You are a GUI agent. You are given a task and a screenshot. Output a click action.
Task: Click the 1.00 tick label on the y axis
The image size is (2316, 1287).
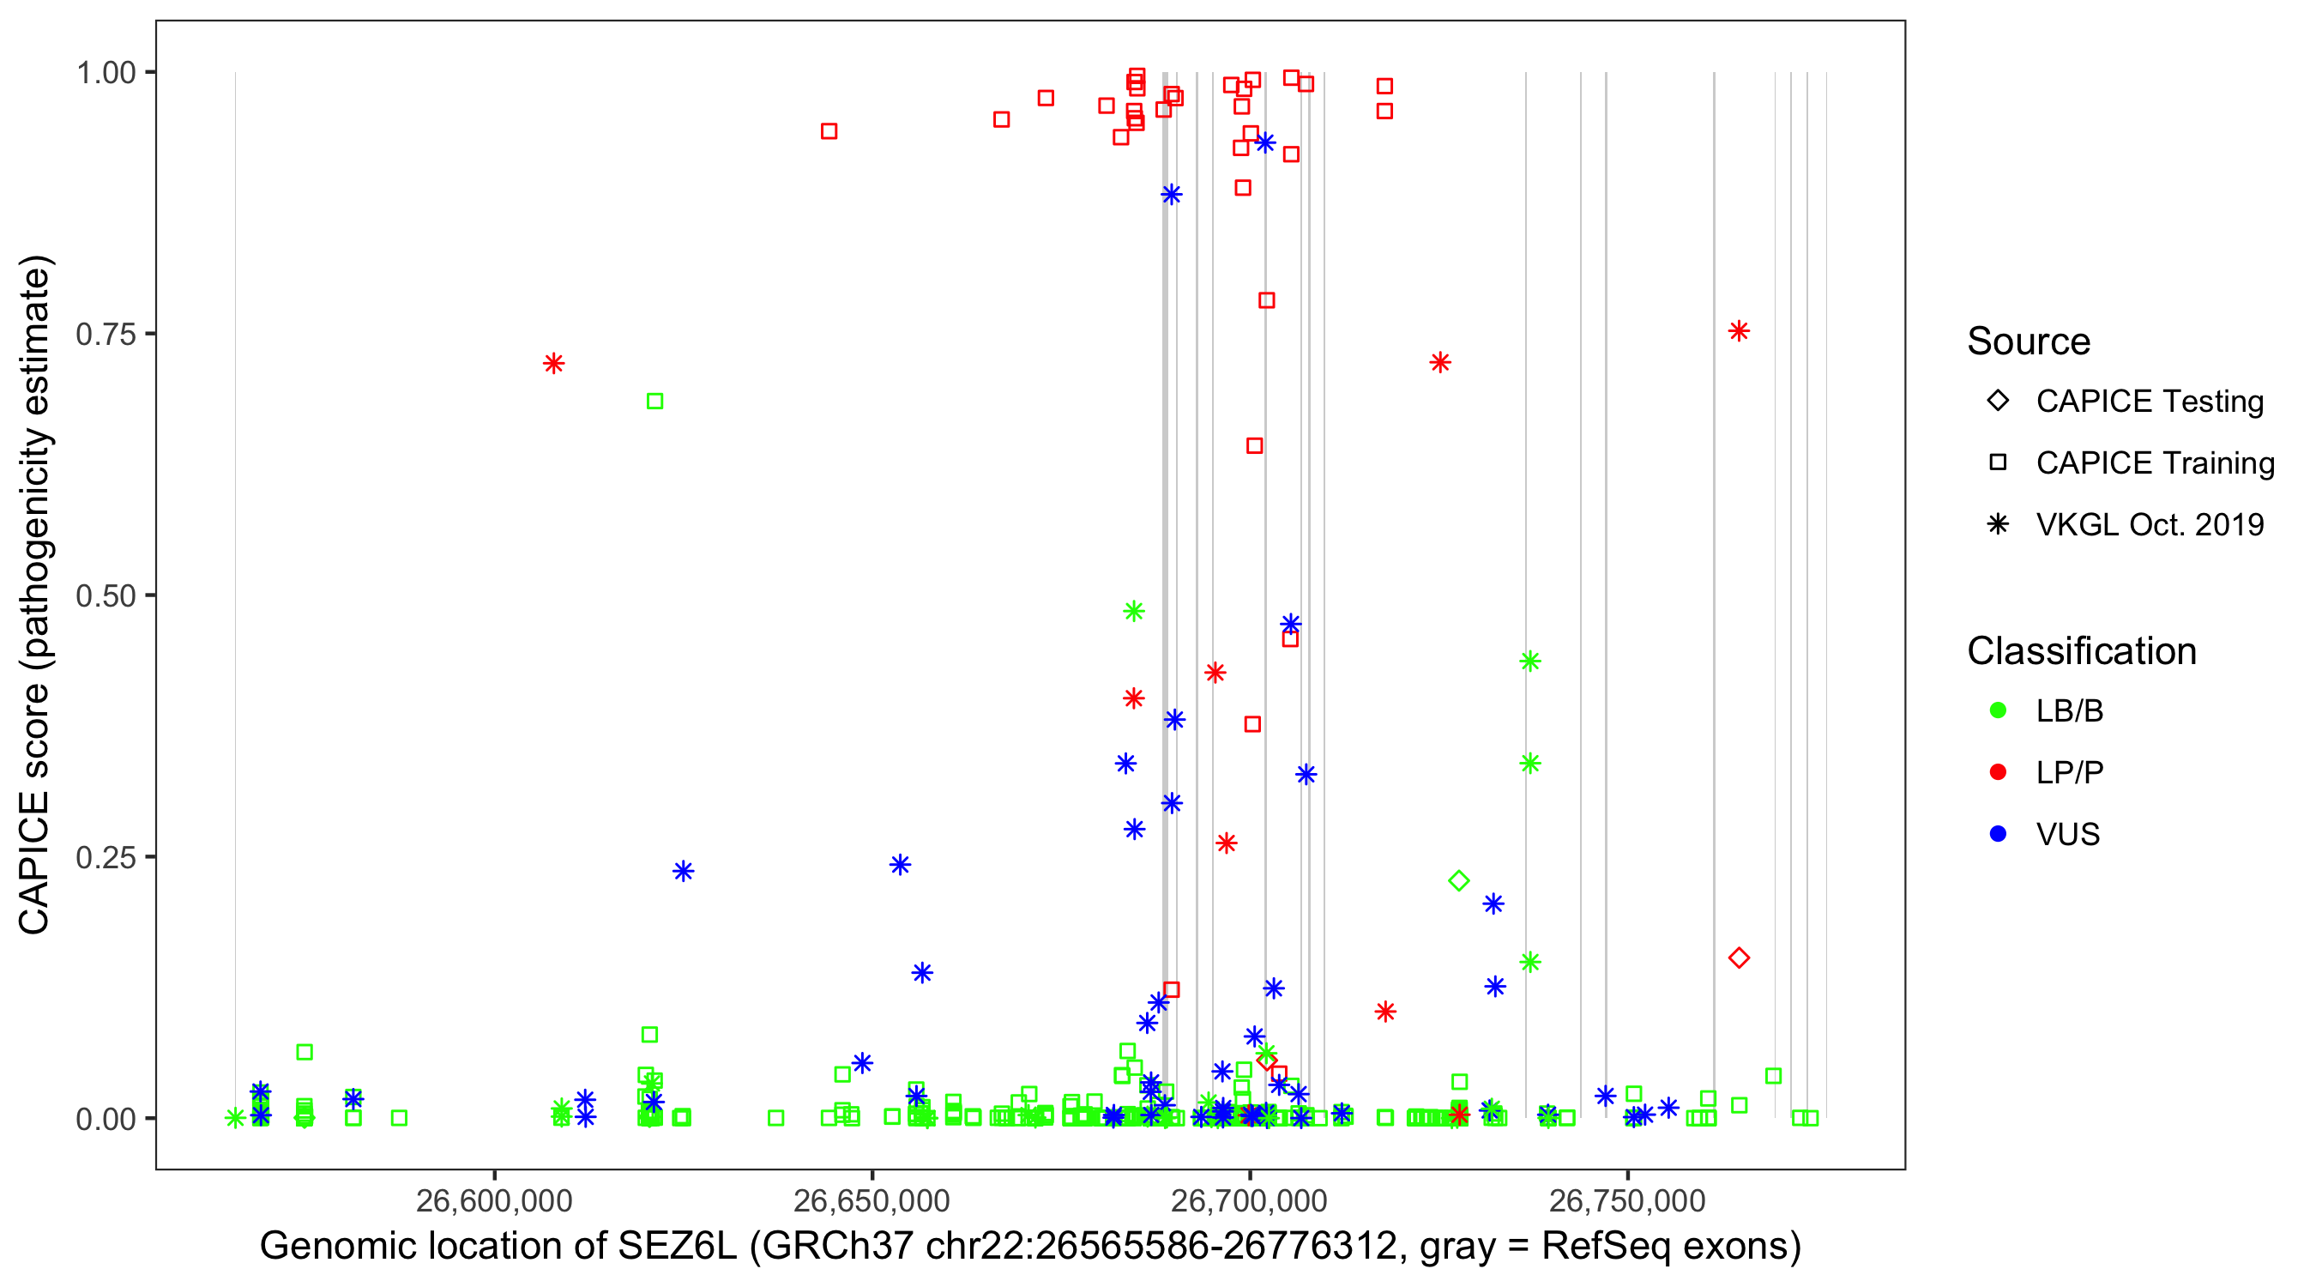(x=105, y=73)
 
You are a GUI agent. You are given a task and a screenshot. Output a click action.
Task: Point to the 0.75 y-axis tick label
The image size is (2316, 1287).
(x=105, y=335)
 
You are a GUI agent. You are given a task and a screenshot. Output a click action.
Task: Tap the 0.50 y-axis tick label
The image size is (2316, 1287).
(x=105, y=595)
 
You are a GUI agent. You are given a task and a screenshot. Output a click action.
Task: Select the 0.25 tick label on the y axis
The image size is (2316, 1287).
(x=105, y=857)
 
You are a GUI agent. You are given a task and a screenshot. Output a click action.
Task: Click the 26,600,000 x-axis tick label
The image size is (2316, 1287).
(x=493, y=1200)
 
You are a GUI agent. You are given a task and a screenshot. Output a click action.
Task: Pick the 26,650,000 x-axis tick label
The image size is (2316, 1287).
(x=872, y=1200)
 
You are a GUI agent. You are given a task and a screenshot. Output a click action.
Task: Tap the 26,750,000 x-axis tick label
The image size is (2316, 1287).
(x=1626, y=1200)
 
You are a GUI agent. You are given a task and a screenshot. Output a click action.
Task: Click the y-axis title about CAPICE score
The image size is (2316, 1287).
(x=36, y=595)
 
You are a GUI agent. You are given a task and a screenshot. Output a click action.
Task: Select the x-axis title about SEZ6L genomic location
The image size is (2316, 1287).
(x=1030, y=1247)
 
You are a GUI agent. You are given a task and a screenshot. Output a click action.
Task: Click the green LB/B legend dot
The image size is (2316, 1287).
(x=1998, y=710)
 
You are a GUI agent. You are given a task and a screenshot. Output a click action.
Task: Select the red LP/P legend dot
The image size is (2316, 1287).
(x=1998, y=772)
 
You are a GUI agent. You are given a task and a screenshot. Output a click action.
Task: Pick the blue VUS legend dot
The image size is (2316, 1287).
(x=1998, y=834)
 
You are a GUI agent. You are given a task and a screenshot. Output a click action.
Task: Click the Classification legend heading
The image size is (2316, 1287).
(x=2081, y=651)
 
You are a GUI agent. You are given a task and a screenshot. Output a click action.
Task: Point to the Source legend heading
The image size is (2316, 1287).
(x=2029, y=341)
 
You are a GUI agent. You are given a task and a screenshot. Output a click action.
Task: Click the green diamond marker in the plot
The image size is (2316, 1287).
(x=1459, y=880)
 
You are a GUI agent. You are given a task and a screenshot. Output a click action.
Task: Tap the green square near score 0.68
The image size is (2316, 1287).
(x=654, y=402)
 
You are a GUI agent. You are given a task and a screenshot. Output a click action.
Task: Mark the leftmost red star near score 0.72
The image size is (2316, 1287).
(x=554, y=363)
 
